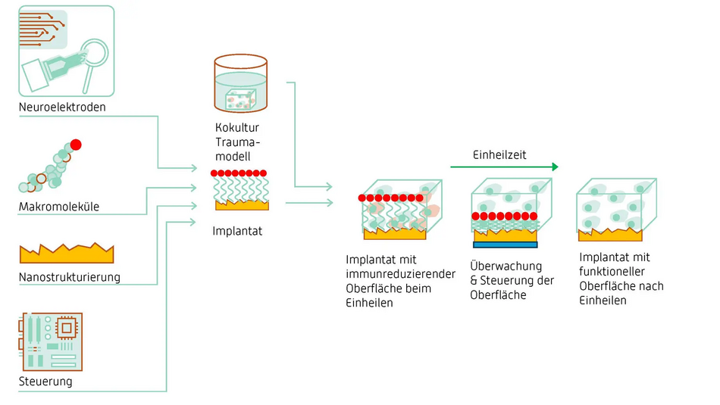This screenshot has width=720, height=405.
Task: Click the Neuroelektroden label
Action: (x=62, y=107)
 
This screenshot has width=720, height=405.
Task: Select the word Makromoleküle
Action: (x=59, y=207)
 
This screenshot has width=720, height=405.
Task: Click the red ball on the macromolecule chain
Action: (x=76, y=145)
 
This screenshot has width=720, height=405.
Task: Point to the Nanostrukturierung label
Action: (x=69, y=278)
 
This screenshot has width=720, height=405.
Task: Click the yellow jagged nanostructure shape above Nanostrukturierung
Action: (x=67, y=253)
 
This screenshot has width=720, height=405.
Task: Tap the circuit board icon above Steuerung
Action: (x=51, y=341)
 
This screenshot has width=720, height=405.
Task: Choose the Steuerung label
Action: (x=45, y=382)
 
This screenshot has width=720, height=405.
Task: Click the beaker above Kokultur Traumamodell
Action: (x=240, y=83)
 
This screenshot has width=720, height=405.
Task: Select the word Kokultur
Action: (x=237, y=127)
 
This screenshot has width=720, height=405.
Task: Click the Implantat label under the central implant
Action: (x=237, y=231)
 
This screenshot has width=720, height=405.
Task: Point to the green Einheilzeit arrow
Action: (x=504, y=167)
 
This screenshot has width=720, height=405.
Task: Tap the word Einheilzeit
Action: (x=499, y=155)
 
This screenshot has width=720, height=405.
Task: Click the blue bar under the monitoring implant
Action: (x=505, y=245)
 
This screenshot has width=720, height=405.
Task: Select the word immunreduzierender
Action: (x=400, y=274)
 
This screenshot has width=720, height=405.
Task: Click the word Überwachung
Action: (x=506, y=266)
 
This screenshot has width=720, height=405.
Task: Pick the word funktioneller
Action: (x=612, y=272)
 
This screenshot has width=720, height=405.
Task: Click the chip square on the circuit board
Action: (x=67, y=328)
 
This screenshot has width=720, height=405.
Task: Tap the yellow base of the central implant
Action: (x=242, y=205)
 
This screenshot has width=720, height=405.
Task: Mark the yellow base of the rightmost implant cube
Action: (x=610, y=235)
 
